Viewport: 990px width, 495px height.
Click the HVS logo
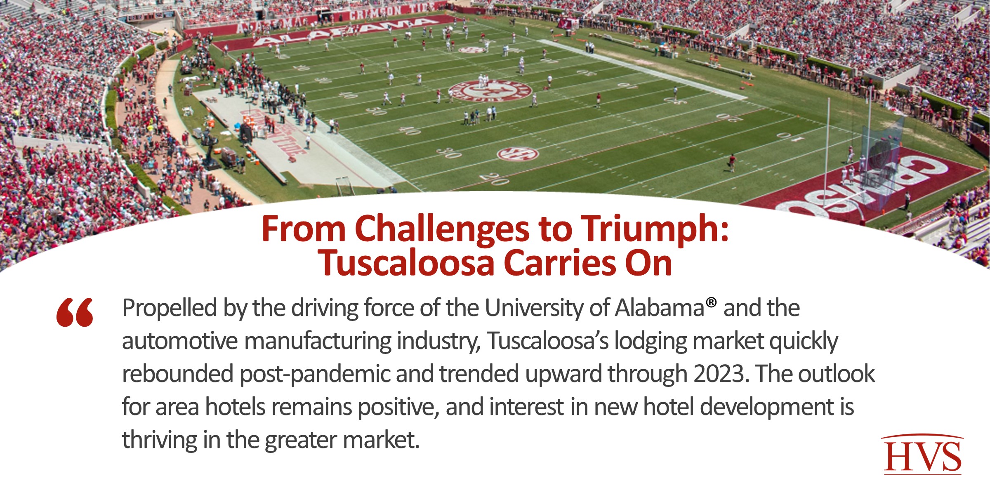[923, 455]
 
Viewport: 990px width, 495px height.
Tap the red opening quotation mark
[75, 313]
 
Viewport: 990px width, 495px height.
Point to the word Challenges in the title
[442, 229]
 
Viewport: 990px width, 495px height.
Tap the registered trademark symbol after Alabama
[711, 302]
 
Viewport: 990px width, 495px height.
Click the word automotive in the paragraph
[180, 341]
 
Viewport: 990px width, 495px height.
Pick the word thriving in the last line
[159, 440]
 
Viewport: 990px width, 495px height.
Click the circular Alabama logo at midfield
[490, 90]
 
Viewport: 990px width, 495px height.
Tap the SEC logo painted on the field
[518, 154]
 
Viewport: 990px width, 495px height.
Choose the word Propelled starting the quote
[169, 308]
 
